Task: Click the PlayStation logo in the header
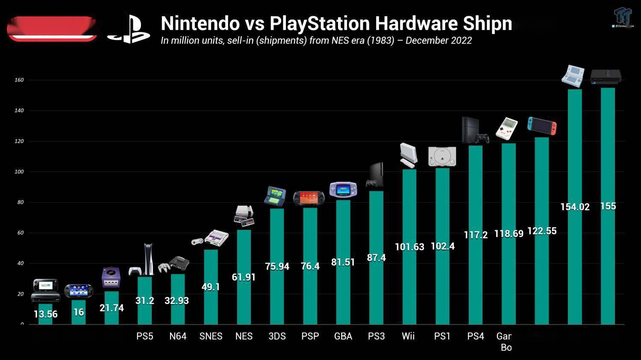[128, 29]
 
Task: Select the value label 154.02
[575, 207]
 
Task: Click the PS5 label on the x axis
[145, 336]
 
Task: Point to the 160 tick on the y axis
[19, 80]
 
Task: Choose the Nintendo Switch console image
[542, 126]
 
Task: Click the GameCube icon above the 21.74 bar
[111, 278]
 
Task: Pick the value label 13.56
[45, 314]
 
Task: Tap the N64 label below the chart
[178, 336]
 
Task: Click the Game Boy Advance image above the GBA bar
[343, 189]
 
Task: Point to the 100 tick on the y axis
[19, 172]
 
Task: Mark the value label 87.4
[376, 258]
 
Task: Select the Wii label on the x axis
[408, 336]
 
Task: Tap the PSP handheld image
[309, 198]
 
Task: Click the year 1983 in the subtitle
[381, 41]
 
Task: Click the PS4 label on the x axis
[476, 336]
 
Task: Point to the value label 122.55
[542, 231]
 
